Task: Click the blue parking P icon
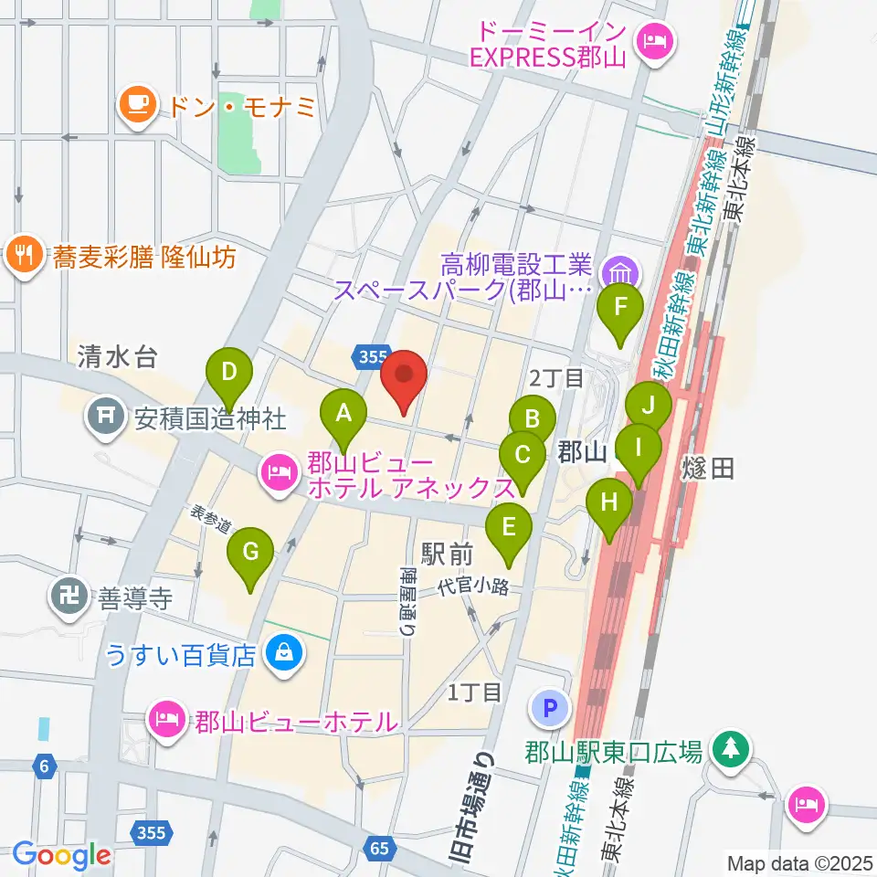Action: [x=549, y=708]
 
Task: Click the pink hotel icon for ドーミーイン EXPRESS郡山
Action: [x=655, y=40]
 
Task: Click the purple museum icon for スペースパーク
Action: [x=621, y=271]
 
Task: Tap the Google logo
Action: [x=62, y=855]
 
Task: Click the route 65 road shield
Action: [x=380, y=848]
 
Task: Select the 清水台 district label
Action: [x=118, y=357]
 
